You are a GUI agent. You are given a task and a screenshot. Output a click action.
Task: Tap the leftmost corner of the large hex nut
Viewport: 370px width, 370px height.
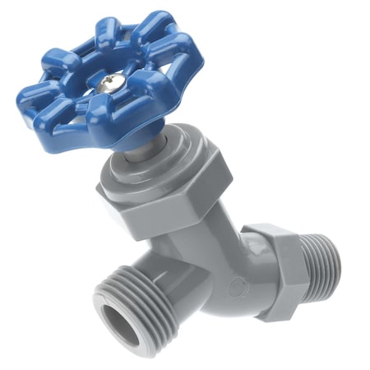[99, 191]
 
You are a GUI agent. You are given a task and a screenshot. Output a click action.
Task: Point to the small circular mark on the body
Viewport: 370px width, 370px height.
[237, 288]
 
